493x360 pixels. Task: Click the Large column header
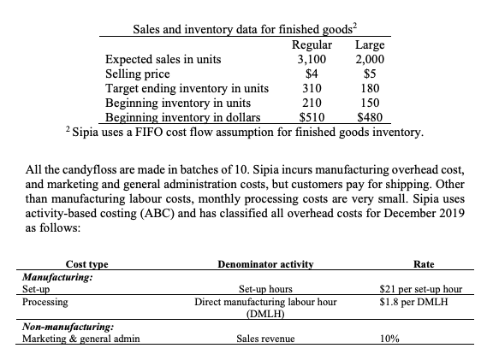point(370,45)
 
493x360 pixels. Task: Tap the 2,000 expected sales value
point(370,60)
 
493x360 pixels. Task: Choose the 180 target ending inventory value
point(370,89)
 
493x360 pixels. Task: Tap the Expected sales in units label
point(163,60)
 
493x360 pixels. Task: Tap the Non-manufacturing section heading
point(68,326)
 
